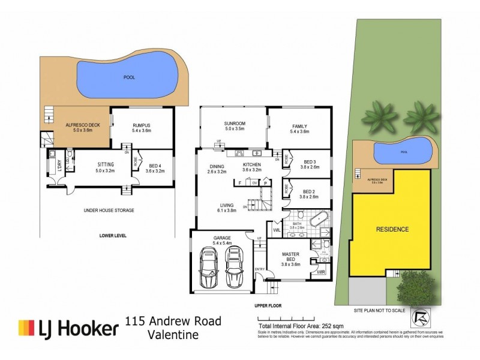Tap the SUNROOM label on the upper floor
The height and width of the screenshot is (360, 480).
236,123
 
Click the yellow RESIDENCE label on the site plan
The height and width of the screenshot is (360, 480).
392,229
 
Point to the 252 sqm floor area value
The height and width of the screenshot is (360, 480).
318,325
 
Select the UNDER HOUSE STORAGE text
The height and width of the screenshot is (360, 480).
109,211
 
